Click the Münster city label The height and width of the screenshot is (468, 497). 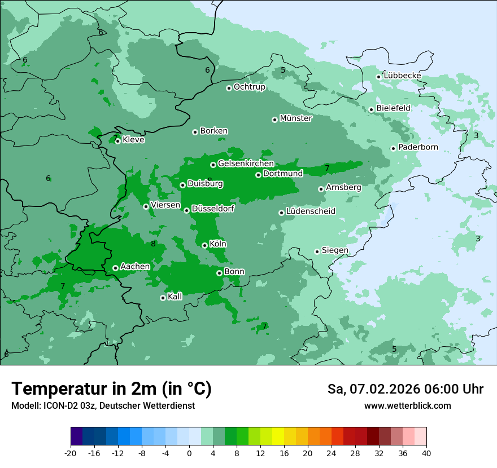(x=295, y=118)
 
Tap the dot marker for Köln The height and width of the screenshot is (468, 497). (x=204, y=245)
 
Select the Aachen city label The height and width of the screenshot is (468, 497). (x=135, y=267)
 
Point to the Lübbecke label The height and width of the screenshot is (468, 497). (x=402, y=76)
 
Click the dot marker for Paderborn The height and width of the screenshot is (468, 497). (x=393, y=148)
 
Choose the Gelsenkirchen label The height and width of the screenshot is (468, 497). (x=246, y=164)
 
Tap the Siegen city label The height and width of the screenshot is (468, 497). (x=335, y=250)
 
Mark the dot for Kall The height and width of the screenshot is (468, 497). (x=163, y=298)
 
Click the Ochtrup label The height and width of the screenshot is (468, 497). (x=249, y=87)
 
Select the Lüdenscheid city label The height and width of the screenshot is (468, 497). (x=311, y=211)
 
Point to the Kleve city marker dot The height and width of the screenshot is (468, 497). (x=117, y=141)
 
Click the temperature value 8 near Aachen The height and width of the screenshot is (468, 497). (x=153, y=244)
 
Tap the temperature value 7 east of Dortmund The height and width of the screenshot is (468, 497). (x=327, y=168)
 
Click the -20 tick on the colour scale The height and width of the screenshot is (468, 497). (x=71, y=453)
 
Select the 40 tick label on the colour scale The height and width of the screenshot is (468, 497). (x=426, y=453)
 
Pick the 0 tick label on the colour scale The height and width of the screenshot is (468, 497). (x=189, y=453)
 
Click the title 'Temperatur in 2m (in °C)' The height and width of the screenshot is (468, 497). (x=111, y=389)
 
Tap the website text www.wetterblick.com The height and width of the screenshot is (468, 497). (x=407, y=406)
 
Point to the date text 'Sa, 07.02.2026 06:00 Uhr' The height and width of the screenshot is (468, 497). (x=405, y=389)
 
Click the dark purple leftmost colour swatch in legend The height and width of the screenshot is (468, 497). (x=76, y=436)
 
